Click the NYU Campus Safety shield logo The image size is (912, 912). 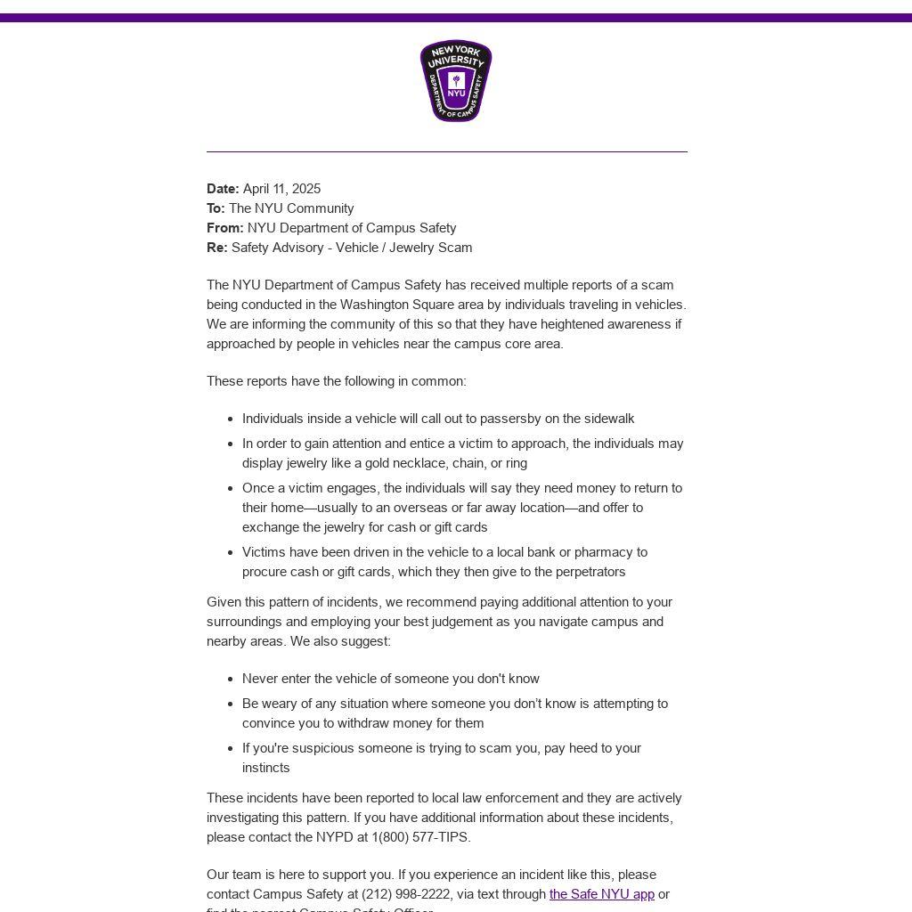click(x=456, y=81)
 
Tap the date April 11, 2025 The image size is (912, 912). click(x=281, y=189)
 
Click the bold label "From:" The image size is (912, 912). click(x=224, y=228)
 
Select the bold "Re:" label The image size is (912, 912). click(x=217, y=248)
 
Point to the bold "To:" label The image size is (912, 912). click(x=216, y=208)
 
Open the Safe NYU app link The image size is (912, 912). click(x=601, y=894)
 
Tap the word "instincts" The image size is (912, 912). click(x=265, y=768)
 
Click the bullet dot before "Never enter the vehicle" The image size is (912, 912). click(x=232, y=680)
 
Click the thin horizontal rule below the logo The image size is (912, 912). click(x=447, y=151)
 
